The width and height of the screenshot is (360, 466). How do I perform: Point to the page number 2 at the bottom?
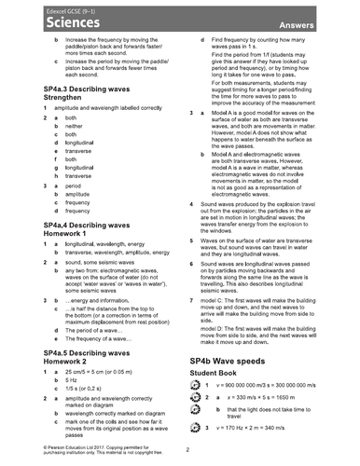pos(187,451)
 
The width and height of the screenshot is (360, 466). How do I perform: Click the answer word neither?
pos(78,125)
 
